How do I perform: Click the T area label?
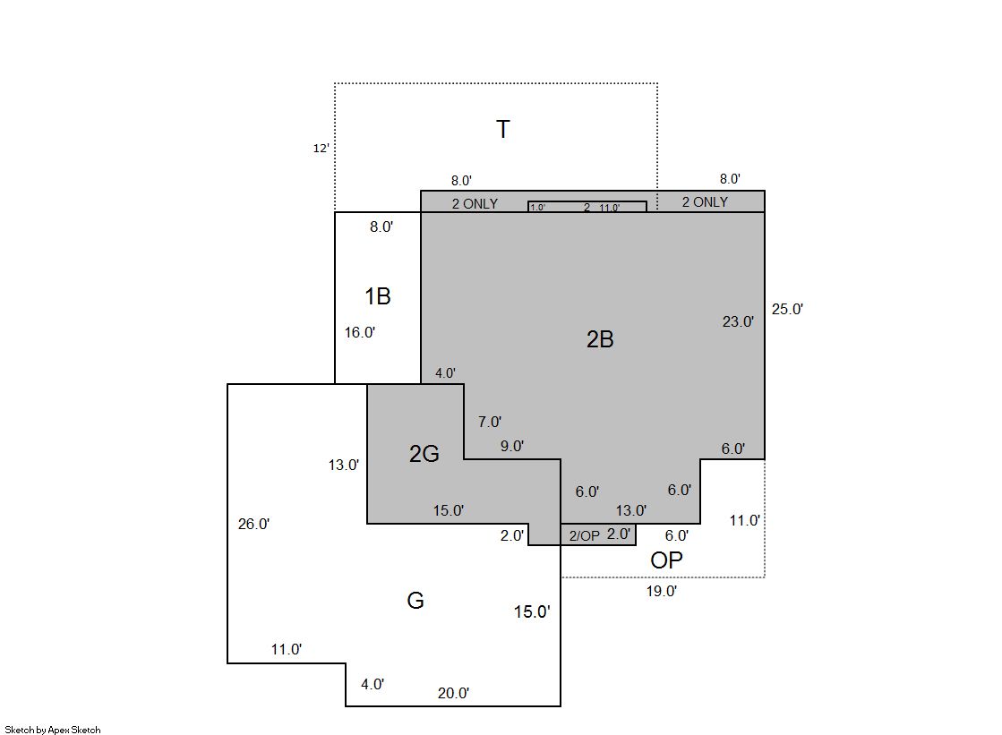coord(503,129)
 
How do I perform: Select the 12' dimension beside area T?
coord(321,149)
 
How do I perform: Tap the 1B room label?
coord(378,296)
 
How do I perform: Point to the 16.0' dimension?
coord(360,332)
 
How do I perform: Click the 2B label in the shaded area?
coord(600,339)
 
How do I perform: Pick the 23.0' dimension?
coord(738,321)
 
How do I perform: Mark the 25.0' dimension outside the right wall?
coord(787,310)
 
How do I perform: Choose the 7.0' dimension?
coord(490,422)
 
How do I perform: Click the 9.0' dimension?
coord(512,446)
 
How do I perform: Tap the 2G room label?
coord(424,454)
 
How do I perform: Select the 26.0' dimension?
coord(253,524)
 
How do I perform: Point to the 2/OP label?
coord(585,535)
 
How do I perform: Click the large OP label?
coord(666,560)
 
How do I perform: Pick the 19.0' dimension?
coord(662,591)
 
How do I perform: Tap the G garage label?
coord(415,600)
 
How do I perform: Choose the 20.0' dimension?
coord(454,693)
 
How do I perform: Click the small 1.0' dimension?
coord(537,207)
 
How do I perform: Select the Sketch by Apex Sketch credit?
coord(53,730)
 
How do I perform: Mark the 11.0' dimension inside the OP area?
coord(744,520)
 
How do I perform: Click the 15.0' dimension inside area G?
coord(532,611)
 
